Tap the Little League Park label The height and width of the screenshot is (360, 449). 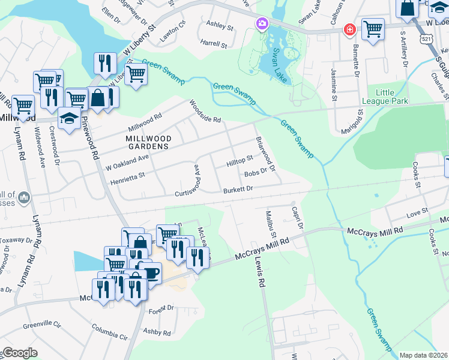click(x=392, y=98)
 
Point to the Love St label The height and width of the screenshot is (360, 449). click(x=416, y=211)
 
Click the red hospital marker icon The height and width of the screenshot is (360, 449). click(x=349, y=29)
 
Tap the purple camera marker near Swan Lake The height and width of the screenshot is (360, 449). click(x=262, y=24)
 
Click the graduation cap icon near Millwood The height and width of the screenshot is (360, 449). click(x=70, y=118)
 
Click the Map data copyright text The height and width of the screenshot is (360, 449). click(x=423, y=355)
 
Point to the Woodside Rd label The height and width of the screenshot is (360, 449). click(x=205, y=111)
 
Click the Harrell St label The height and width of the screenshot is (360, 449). click(x=214, y=44)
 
